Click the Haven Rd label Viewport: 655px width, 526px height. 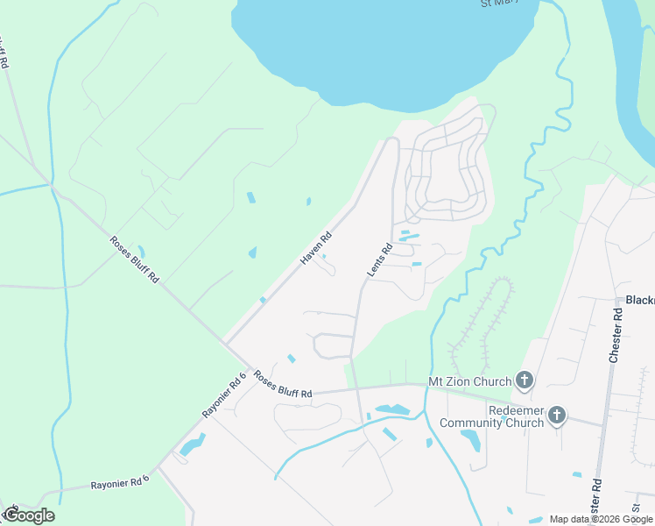(317, 248)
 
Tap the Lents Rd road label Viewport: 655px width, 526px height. (379, 261)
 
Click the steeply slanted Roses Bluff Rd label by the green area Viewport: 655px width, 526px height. (134, 259)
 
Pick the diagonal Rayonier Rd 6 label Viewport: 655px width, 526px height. (224, 395)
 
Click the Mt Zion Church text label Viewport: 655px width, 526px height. (469, 381)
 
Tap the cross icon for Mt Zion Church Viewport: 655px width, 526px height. (525, 380)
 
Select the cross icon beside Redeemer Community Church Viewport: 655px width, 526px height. (558, 416)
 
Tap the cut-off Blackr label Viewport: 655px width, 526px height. (640, 300)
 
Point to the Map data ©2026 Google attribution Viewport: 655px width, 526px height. (601, 519)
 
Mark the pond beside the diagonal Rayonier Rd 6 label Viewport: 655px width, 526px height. (192, 445)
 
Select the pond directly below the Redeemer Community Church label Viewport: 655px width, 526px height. (470, 439)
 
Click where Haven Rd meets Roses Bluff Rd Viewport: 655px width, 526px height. (227, 342)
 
